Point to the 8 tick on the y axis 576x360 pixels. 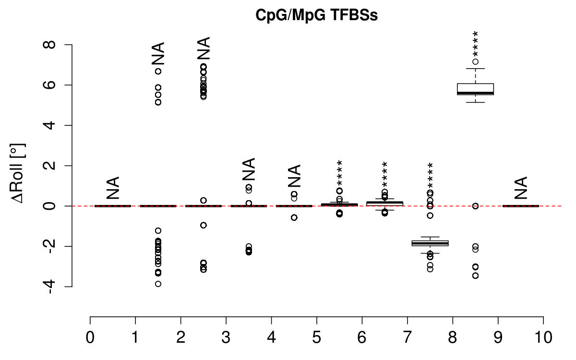click(x=68, y=45)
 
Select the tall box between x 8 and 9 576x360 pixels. click(x=475, y=89)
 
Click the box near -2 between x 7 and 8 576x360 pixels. click(x=430, y=243)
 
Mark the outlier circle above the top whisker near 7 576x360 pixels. click(x=475, y=61)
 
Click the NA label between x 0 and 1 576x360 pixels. click(x=113, y=188)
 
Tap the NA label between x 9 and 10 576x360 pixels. click(x=520, y=188)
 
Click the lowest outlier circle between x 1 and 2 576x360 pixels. click(x=158, y=284)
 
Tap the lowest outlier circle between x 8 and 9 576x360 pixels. click(x=475, y=276)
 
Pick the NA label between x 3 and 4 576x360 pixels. click(x=249, y=169)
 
